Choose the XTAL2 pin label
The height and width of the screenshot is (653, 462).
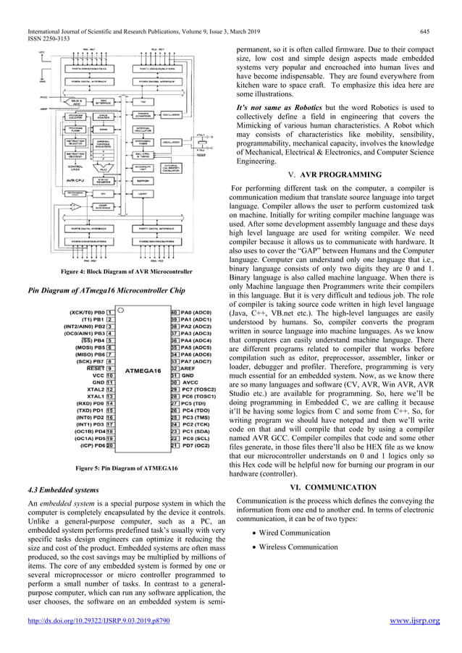point(95,389)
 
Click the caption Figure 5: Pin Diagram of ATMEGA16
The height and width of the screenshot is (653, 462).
point(127,468)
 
